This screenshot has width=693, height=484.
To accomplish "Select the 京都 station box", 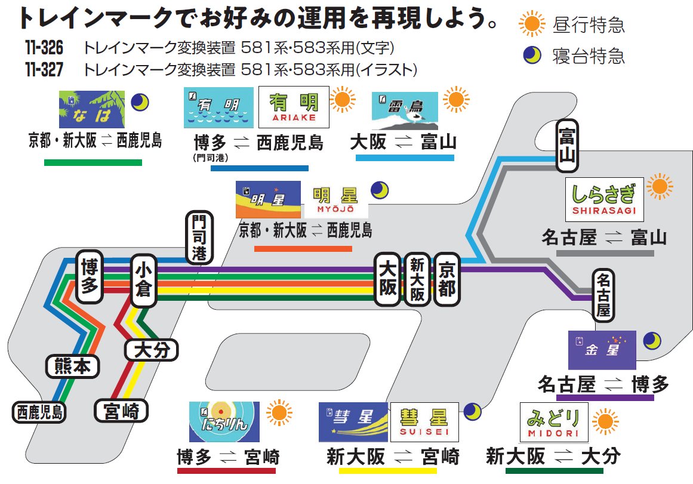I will [x=447, y=279].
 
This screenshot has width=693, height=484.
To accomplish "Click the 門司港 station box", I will [x=198, y=238].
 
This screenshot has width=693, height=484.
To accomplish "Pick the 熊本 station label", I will [x=72, y=366].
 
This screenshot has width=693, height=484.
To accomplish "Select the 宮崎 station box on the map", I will [x=121, y=411].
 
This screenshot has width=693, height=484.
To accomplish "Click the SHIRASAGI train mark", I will [x=604, y=199].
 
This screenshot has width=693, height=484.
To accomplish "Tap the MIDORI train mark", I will [x=553, y=421].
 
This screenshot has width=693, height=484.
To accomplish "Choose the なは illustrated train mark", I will [x=92, y=109].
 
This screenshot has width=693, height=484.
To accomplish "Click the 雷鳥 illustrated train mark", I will [x=404, y=111].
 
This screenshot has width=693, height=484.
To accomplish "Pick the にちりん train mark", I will [x=224, y=421].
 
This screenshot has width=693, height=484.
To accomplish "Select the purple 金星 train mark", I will [x=602, y=350].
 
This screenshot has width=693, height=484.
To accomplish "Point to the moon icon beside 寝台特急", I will [x=531, y=56].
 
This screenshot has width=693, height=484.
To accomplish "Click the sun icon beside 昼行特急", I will [x=531, y=24].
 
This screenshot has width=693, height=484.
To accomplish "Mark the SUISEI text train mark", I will [x=424, y=421].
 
